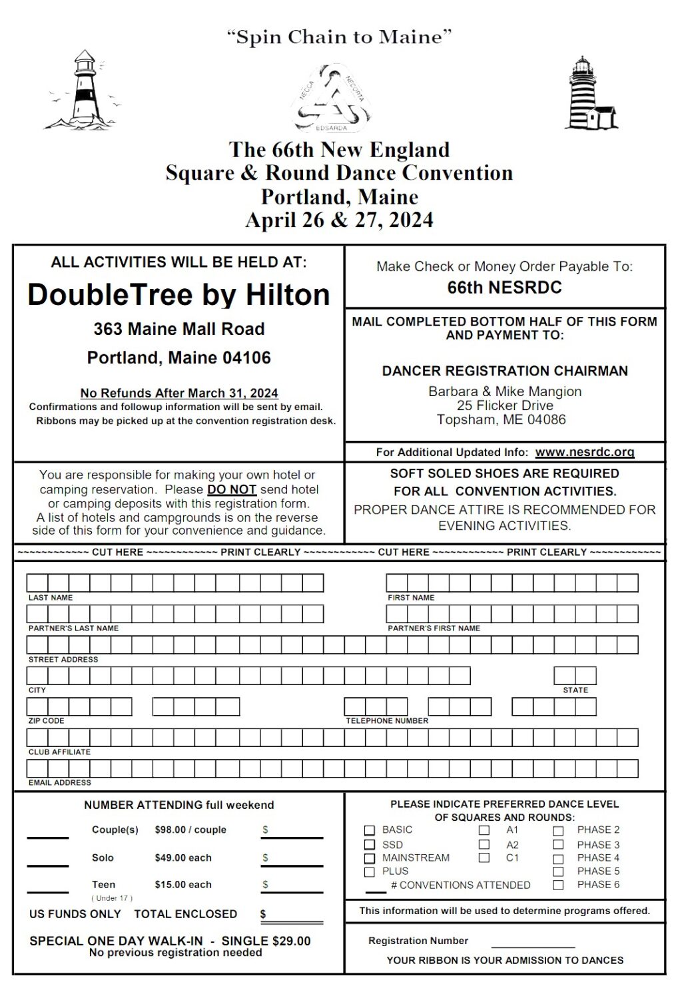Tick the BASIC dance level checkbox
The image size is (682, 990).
pos(370,830)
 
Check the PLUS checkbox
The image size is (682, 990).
pos(370,871)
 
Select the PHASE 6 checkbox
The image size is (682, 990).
pos(558,885)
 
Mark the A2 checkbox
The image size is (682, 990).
pos(484,845)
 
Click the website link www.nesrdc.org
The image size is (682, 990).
pos(584,452)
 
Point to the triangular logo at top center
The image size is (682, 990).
pos(332,99)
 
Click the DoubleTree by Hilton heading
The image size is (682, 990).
pos(178,294)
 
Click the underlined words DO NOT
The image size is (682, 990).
pos(231,489)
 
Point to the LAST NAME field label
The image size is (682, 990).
pos(51,598)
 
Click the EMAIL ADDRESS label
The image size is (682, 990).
pos(59,782)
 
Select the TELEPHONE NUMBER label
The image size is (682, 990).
pos(386,720)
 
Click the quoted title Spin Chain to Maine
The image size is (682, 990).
pos(339,37)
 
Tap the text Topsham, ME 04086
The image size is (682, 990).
pos(501,419)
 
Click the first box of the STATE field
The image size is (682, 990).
pos(564,676)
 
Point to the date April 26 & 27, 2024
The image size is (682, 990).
pos(339,220)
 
